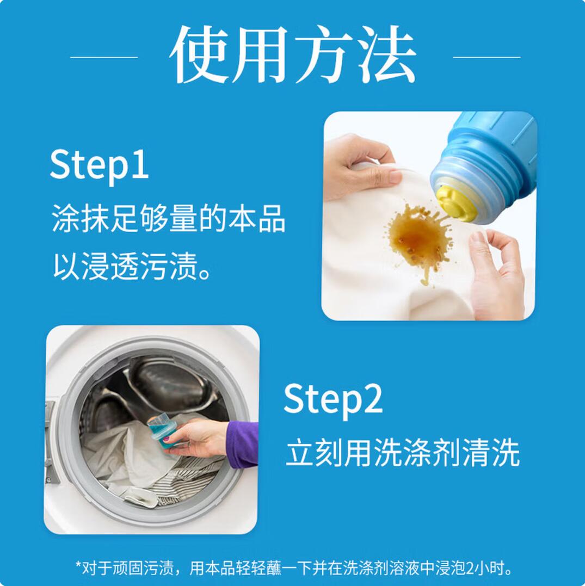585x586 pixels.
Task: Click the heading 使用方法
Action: coord(293,54)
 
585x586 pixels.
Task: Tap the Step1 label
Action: coord(99,164)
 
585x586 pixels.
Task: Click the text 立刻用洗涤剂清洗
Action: coord(403,453)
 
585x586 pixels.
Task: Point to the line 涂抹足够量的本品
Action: coord(168,218)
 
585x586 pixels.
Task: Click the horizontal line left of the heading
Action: coord(104,57)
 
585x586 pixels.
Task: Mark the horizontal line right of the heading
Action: coord(487,57)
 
